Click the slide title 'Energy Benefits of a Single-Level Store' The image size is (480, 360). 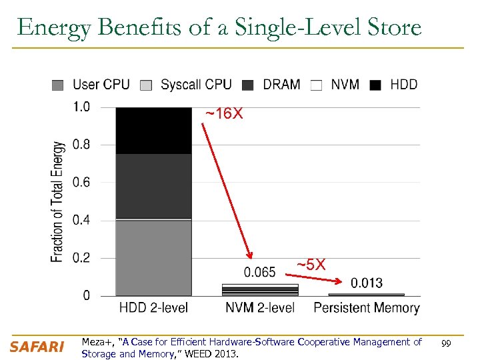coord(219,27)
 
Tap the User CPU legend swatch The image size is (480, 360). coord(58,85)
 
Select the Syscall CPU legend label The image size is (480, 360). coord(196,85)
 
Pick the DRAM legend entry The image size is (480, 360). coord(273,85)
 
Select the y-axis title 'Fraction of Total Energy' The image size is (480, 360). coord(58,201)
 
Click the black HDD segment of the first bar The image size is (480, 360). coord(153,130)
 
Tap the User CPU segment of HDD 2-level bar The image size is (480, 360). coord(153,257)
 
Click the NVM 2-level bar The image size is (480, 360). coord(260,289)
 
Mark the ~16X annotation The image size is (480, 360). coord(224,115)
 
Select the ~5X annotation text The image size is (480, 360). coord(311,265)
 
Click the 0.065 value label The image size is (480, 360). coord(259,272)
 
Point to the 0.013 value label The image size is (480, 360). coord(367,283)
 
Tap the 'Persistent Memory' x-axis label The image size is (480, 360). coord(366,308)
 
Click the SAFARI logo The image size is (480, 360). coord(37,347)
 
